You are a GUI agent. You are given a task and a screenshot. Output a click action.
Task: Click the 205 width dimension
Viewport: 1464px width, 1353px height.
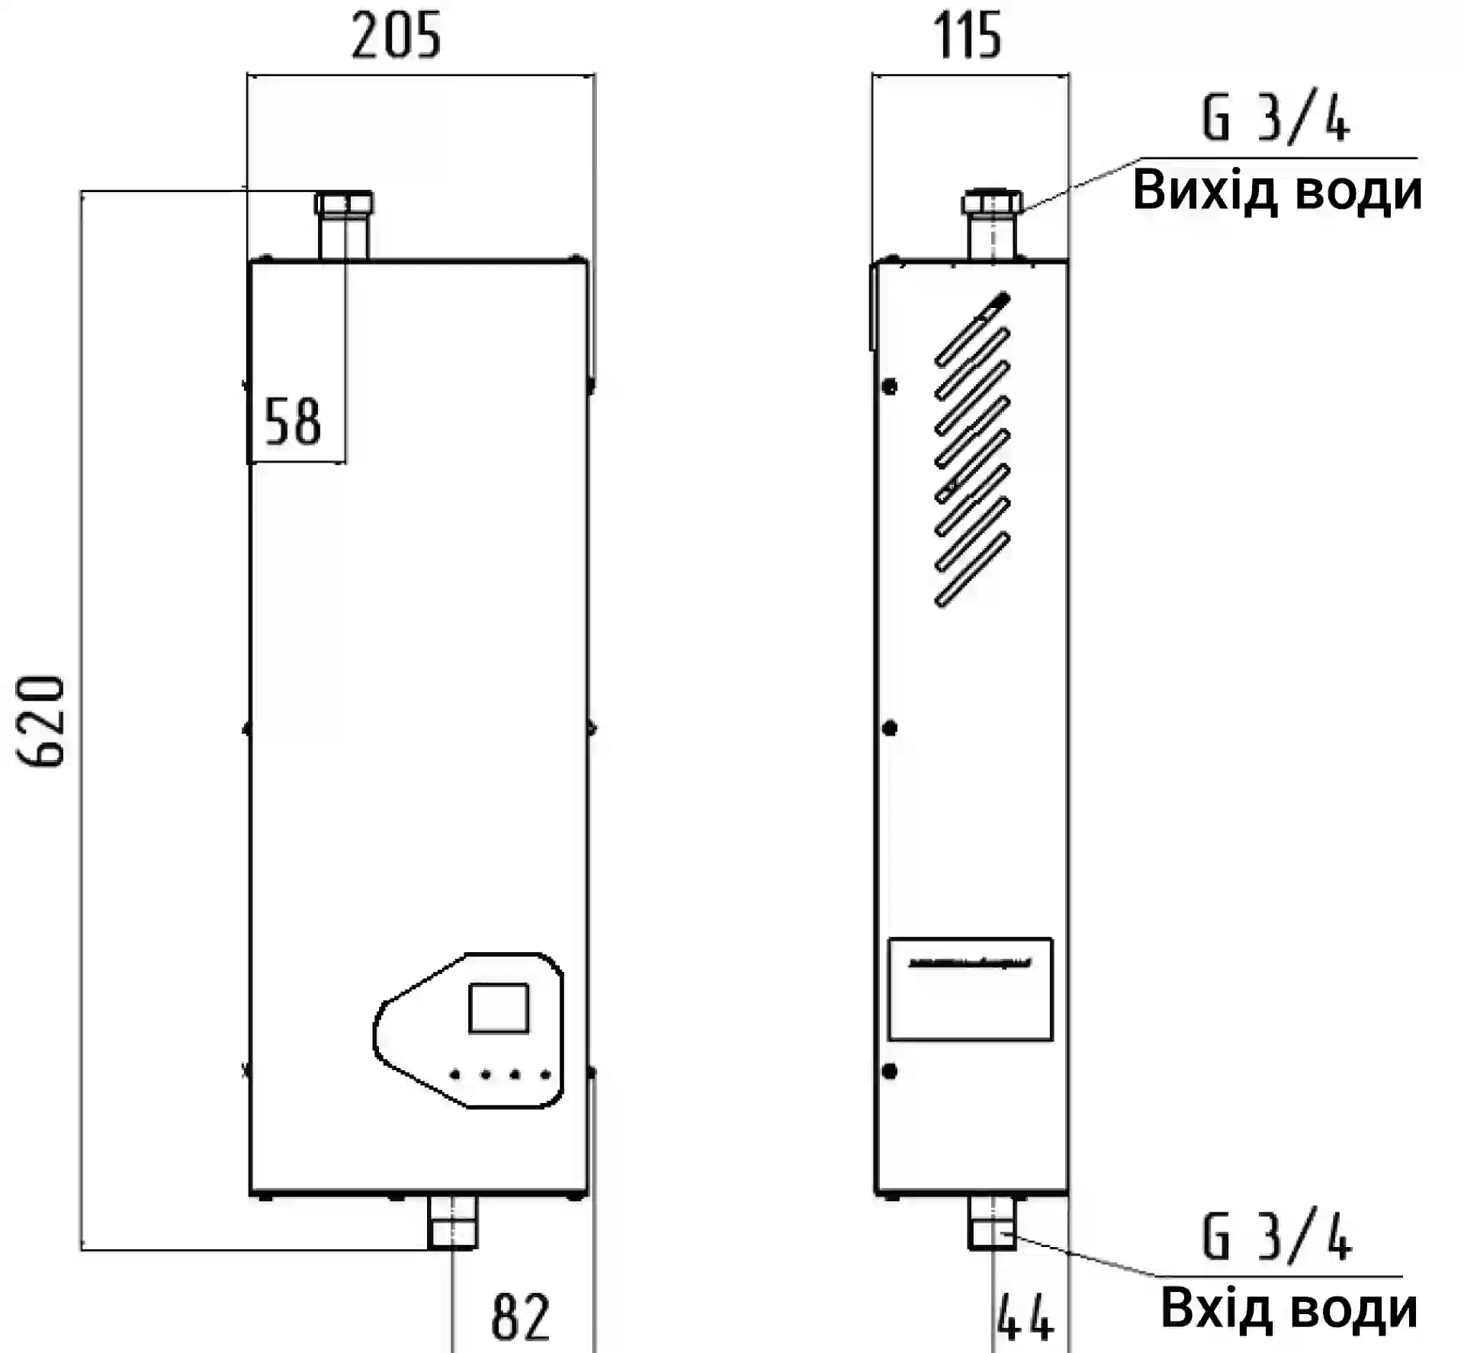click(x=396, y=37)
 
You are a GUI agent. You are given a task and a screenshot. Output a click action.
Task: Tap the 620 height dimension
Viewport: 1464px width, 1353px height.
click(x=41, y=720)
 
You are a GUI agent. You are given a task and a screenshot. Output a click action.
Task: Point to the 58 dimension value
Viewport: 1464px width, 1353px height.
click(x=292, y=422)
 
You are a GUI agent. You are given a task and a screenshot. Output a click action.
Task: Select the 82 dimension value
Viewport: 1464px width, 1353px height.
click(x=520, y=1316)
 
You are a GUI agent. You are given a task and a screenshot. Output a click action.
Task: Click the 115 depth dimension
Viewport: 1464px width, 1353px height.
click(x=967, y=36)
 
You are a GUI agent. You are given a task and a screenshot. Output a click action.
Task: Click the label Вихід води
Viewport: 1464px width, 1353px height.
click(x=1277, y=191)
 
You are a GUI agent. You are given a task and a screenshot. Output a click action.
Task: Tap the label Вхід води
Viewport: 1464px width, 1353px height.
click(x=1289, y=1310)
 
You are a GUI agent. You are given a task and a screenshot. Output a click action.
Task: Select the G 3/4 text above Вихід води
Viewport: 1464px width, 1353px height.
click(x=1276, y=119)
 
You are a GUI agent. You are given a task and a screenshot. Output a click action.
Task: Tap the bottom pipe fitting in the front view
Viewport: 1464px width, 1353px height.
click(x=452, y=1222)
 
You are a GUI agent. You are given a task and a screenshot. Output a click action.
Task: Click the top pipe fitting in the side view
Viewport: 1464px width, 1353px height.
click(x=991, y=223)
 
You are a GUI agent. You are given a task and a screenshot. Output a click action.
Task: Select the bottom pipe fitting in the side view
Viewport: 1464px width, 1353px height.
click(x=991, y=1222)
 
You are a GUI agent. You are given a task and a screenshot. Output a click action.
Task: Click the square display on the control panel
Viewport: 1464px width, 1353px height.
click(x=499, y=1008)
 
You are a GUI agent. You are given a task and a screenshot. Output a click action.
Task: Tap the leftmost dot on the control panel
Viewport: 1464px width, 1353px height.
click(x=455, y=1075)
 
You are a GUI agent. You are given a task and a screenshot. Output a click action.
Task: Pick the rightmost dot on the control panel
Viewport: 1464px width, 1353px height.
click(x=545, y=1075)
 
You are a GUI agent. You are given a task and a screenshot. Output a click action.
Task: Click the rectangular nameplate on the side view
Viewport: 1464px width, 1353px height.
click(x=970, y=989)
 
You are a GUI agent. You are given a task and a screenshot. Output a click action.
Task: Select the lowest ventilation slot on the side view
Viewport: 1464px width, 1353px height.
click(x=972, y=569)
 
